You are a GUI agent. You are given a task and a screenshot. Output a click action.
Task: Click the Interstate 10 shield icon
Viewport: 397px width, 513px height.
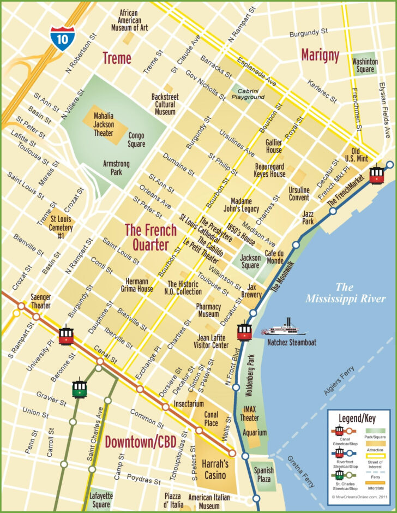59,38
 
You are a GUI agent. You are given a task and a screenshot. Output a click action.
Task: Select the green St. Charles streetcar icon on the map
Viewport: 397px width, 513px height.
80,388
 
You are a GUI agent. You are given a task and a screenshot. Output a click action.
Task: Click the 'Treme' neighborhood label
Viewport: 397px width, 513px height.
116,58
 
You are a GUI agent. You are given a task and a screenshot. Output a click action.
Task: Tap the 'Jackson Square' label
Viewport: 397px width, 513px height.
250,261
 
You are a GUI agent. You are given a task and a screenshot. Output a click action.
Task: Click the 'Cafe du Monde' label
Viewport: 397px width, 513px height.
274,256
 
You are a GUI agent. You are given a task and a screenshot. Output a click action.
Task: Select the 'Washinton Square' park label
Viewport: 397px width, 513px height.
365,65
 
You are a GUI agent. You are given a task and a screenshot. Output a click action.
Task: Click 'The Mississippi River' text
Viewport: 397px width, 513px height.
345,293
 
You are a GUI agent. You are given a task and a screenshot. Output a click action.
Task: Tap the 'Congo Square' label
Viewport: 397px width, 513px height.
136,140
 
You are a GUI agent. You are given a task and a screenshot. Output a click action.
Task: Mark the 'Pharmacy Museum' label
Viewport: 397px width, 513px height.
208,310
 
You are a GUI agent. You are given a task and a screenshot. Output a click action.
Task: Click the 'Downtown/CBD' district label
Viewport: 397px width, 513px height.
143,442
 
